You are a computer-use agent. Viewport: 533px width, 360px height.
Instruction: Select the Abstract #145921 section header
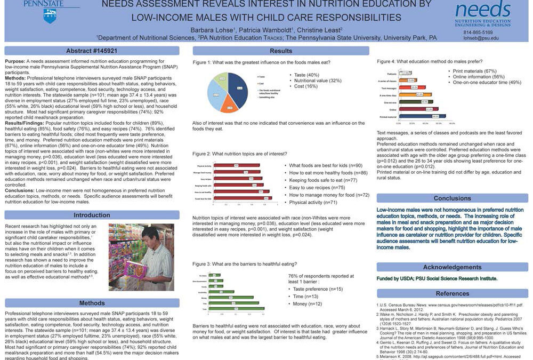(92, 51)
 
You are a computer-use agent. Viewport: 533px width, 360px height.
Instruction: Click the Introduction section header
(92, 215)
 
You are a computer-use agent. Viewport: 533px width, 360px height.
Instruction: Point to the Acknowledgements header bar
(452, 267)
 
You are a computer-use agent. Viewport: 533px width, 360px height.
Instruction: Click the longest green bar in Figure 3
(237, 309)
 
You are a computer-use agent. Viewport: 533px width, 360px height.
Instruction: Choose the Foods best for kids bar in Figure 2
(247, 198)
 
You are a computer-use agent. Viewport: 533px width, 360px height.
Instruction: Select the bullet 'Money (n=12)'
(308, 304)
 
